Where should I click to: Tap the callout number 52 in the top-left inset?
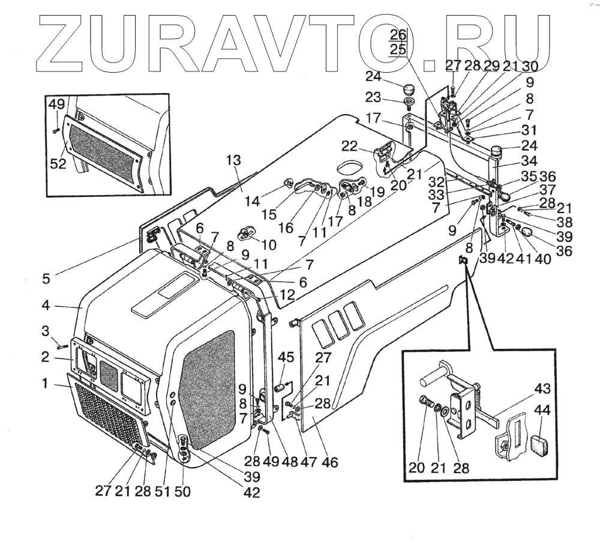click(58, 163)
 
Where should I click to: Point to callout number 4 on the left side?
click(46, 305)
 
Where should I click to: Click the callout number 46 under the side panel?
click(329, 462)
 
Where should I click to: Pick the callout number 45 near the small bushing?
click(286, 358)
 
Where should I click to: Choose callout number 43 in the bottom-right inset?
click(542, 389)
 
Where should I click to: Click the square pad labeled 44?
click(542, 445)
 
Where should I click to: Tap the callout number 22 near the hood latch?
click(367, 147)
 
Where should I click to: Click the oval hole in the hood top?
click(353, 165)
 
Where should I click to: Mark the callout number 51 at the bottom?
click(162, 491)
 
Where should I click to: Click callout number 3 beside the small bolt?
click(45, 331)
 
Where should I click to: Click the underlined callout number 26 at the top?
click(398, 34)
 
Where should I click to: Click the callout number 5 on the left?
click(46, 279)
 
